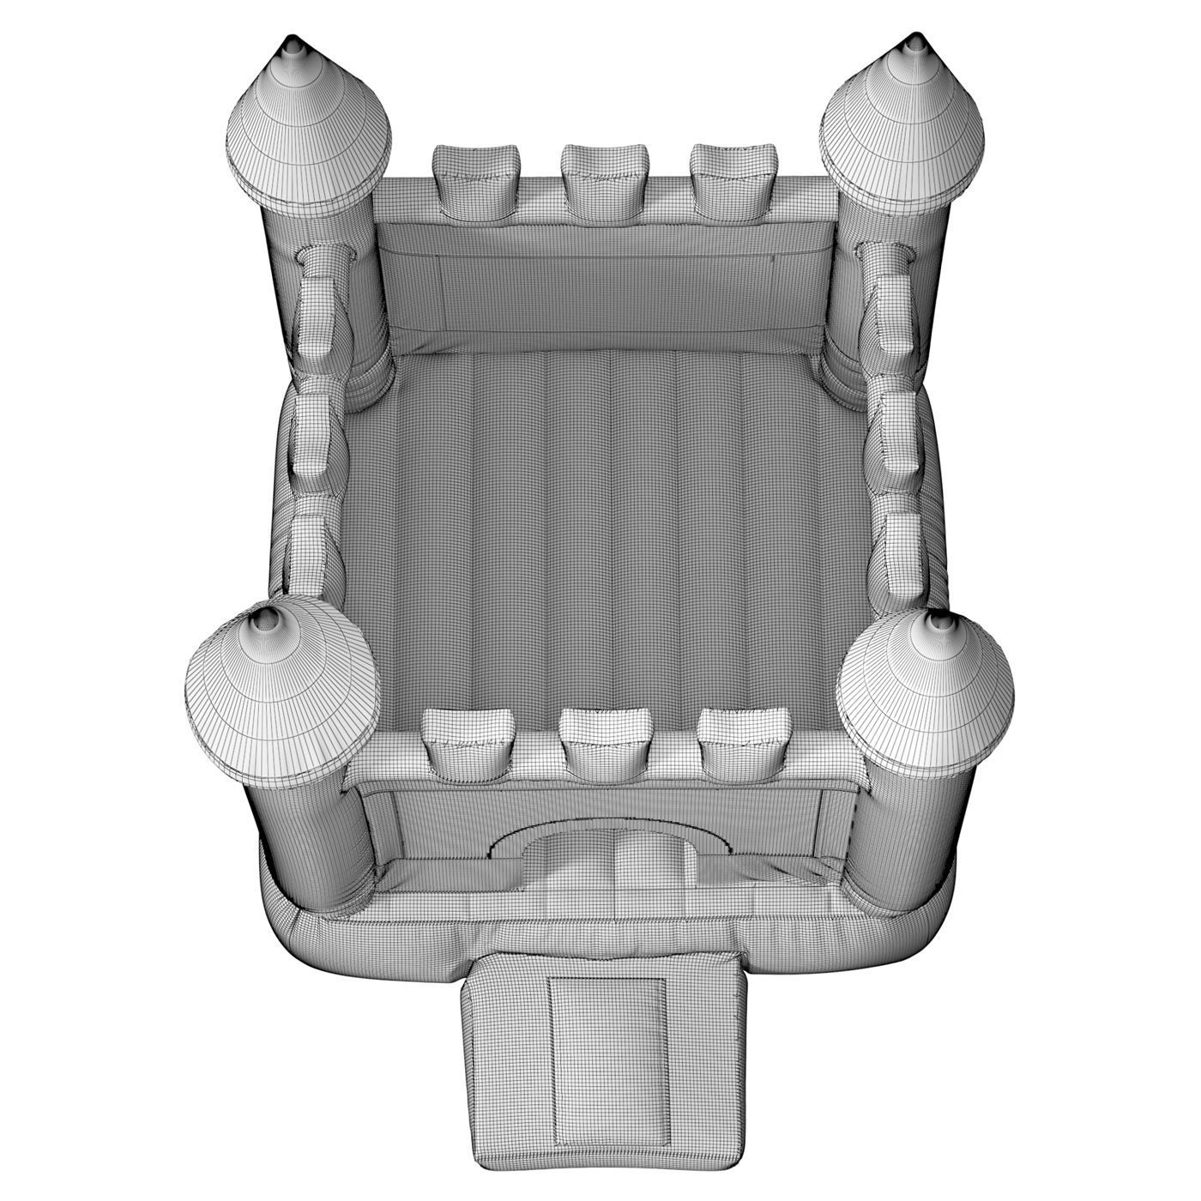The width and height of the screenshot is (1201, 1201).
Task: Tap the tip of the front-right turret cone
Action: point(941,619)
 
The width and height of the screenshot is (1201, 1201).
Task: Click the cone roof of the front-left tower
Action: point(283,695)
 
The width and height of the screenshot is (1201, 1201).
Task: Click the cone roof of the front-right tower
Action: point(926,695)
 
